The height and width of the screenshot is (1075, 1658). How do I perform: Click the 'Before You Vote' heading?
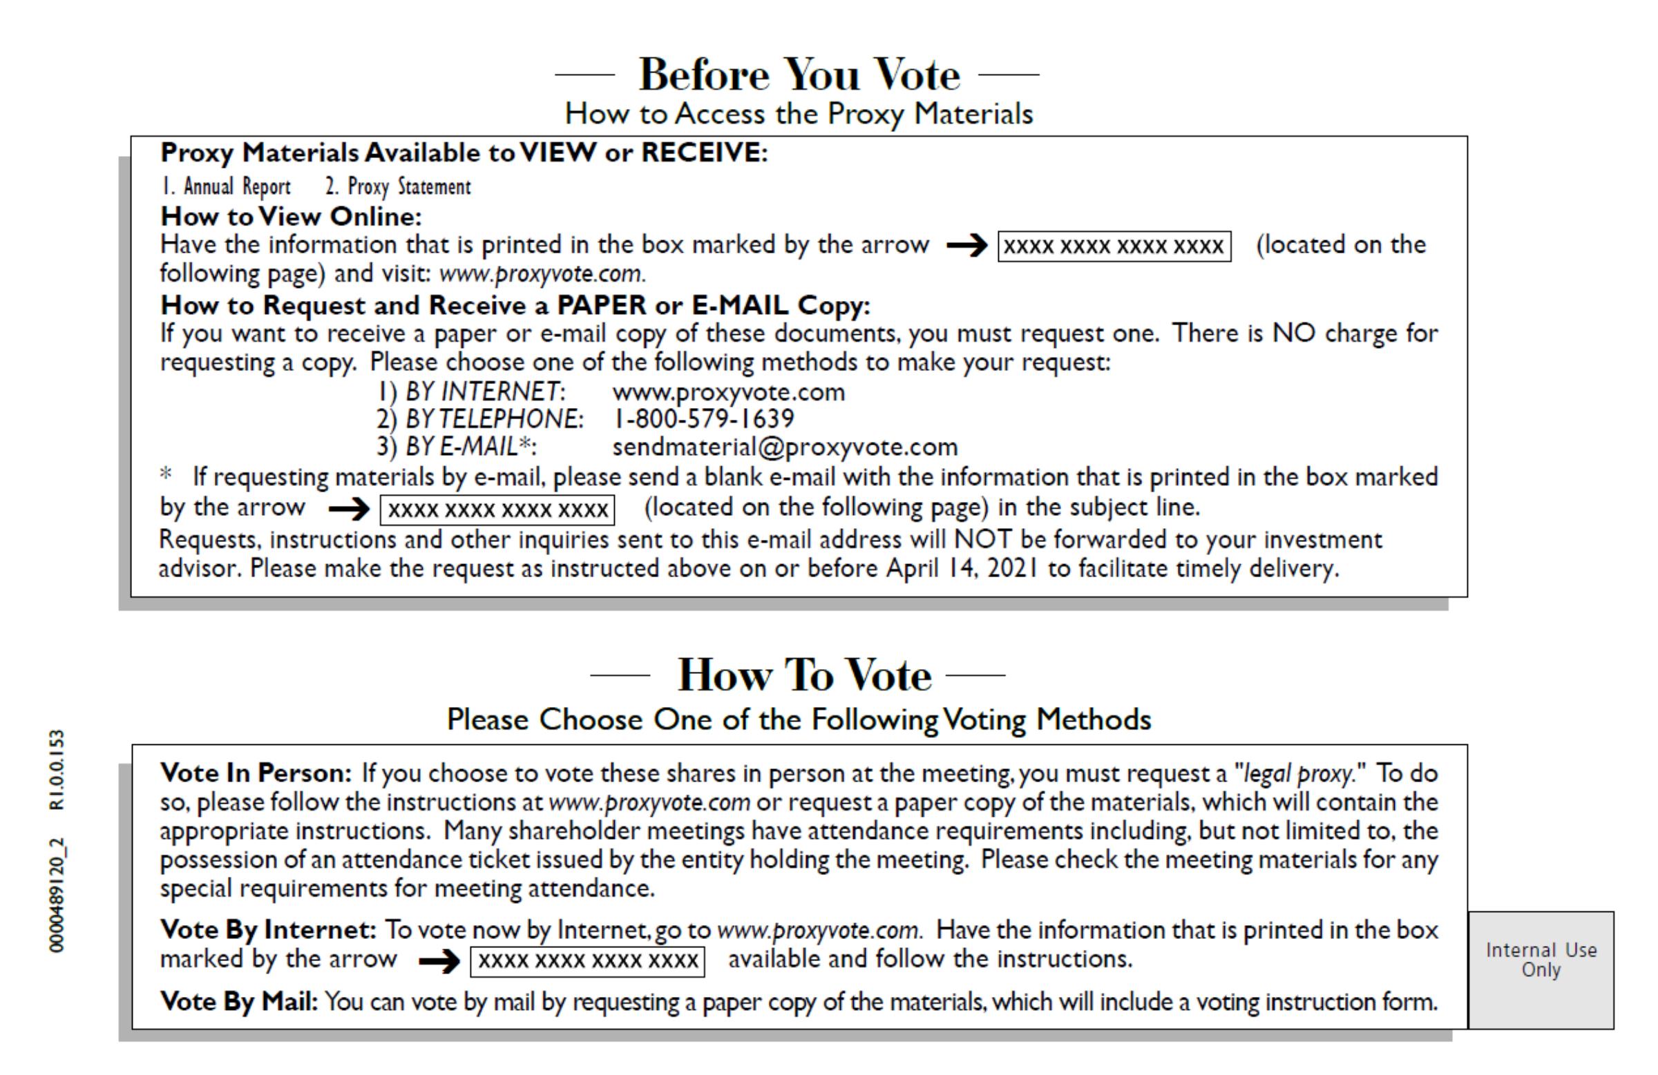[799, 75]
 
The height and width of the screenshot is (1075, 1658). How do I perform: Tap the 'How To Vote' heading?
[804, 675]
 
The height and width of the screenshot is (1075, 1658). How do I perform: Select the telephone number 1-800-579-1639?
[703, 419]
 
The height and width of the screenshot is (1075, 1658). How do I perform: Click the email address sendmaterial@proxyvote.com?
[785, 447]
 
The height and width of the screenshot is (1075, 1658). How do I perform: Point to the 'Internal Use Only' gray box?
[1541, 969]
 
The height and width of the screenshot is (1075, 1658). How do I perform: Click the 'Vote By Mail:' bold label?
[239, 1002]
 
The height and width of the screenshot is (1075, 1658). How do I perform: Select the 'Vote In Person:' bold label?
[256, 773]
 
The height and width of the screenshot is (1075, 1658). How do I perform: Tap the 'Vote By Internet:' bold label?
[268, 929]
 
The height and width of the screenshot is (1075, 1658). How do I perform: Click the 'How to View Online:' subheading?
[292, 217]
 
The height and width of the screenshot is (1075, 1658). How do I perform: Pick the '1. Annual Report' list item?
[227, 186]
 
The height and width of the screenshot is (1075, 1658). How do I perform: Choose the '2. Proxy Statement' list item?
[398, 186]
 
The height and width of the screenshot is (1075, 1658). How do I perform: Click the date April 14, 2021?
[962, 569]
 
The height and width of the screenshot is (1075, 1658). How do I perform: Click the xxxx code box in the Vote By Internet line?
[587, 961]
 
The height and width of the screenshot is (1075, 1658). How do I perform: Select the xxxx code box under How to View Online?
[1114, 246]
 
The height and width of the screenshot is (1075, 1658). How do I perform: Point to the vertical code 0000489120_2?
[58, 895]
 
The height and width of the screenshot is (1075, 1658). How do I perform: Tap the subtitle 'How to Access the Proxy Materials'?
[799, 113]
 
